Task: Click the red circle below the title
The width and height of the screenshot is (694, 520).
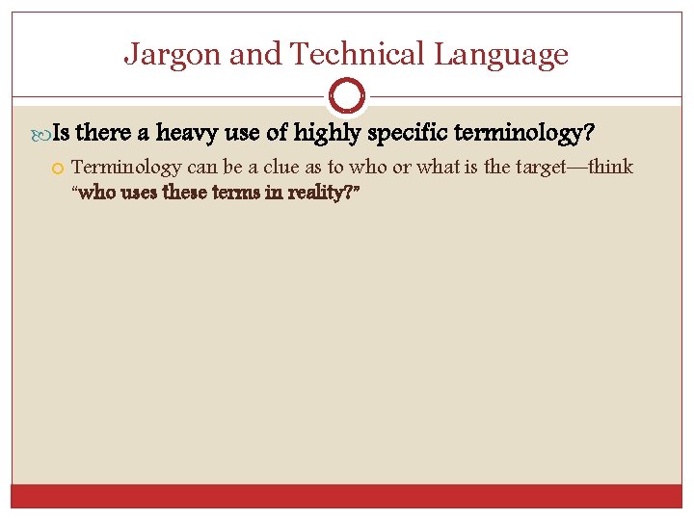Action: [346, 96]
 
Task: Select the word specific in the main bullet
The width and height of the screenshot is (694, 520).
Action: [413, 130]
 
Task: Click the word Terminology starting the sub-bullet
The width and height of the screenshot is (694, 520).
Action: [126, 168]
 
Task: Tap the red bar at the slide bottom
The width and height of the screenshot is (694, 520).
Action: [346, 495]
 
